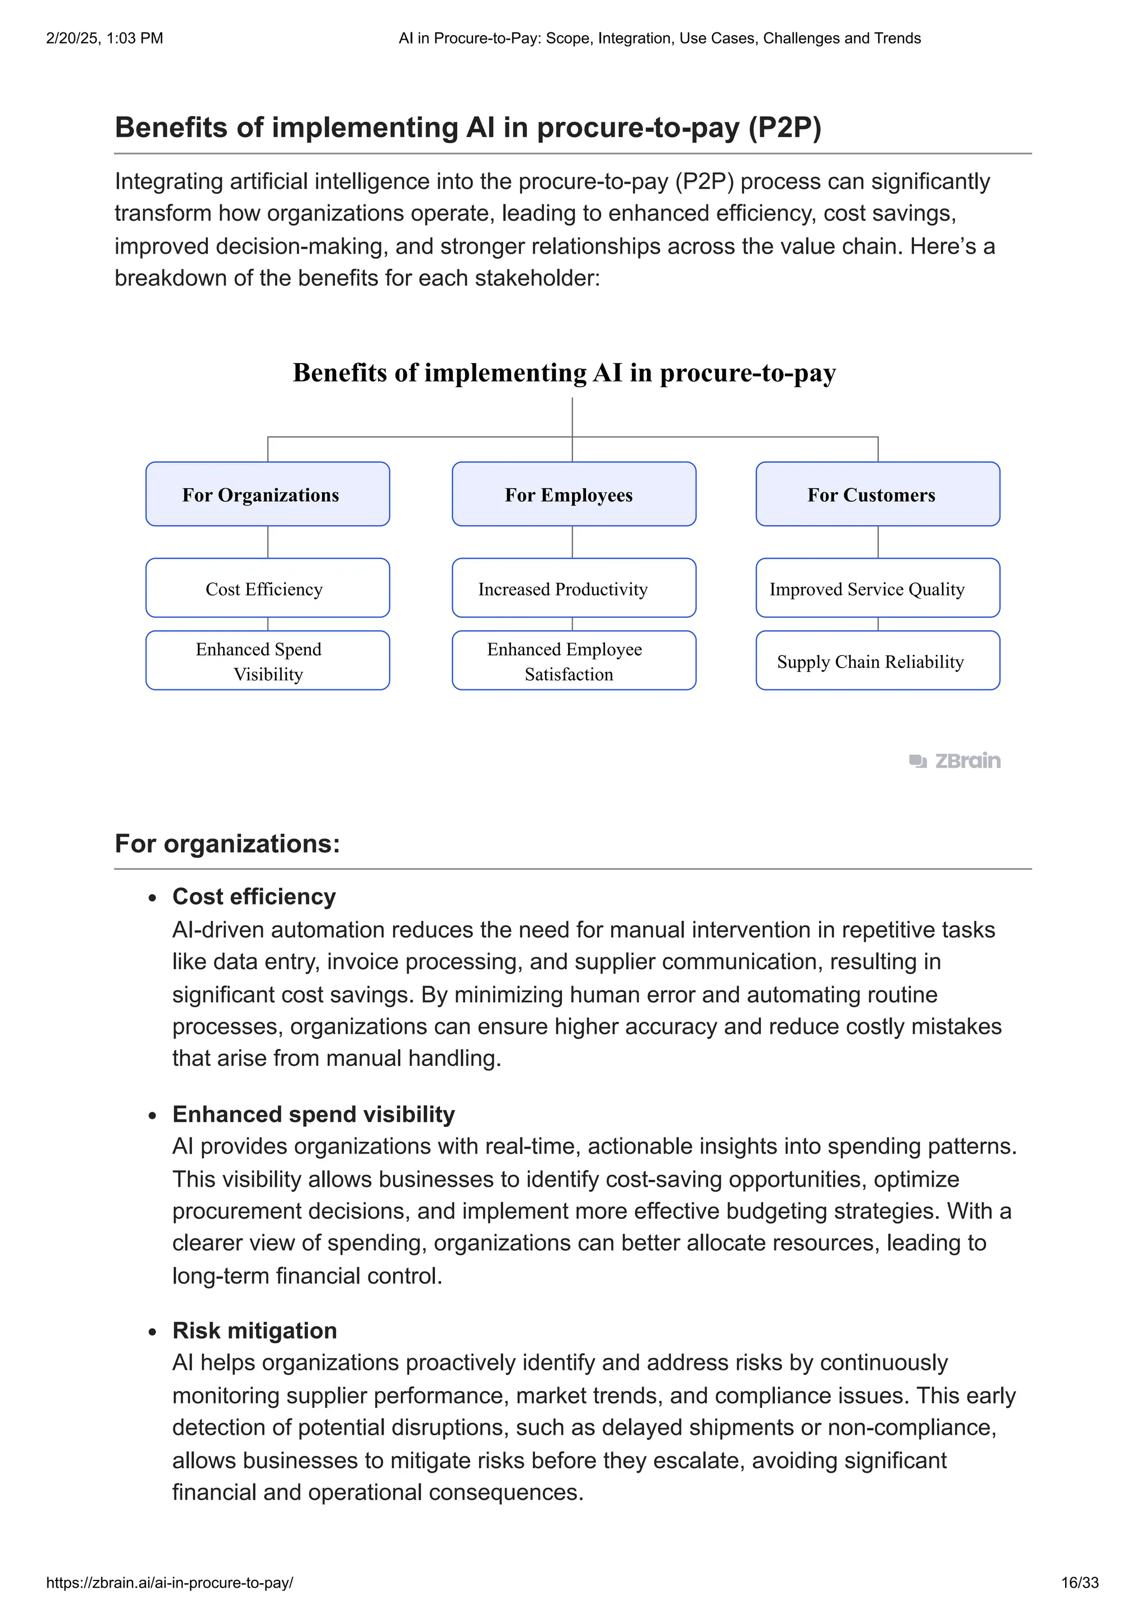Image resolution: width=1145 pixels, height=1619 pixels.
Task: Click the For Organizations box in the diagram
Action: tap(267, 494)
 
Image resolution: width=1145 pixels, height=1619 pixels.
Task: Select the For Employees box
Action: tap(574, 494)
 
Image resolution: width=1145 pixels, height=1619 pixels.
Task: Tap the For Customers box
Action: tap(878, 494)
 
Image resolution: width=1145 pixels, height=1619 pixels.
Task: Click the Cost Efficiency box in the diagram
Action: tap(267, 588)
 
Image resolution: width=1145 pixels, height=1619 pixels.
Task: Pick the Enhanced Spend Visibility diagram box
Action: tap(267, 661)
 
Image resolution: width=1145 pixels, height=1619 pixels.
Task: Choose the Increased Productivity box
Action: tap(574, 588)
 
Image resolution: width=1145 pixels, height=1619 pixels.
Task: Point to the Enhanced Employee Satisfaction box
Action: tap(574, 661)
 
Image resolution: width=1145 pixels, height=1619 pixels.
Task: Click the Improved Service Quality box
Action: tap(878, 588)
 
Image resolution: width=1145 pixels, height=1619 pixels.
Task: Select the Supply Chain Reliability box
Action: tap(878, 661)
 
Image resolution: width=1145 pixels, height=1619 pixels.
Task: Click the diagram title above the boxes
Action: tap(564, 372)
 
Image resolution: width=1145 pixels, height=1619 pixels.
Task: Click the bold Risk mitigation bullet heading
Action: tap(254, 1331)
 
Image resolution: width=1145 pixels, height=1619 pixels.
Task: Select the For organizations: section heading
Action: tap(227, 844)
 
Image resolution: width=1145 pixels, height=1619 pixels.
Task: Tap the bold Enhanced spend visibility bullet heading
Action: tap(313, 1114)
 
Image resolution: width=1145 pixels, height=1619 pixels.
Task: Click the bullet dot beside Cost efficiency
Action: tap(153, 898)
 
